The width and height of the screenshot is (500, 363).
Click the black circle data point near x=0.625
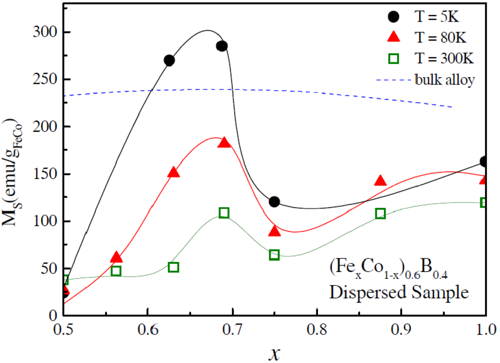pyautogui.click(x=169, y=60)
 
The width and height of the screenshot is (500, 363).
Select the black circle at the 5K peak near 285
pyautogui.click(x=222, y=46)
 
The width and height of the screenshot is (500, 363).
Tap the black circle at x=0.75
pyautogui.click(x=274, y=202)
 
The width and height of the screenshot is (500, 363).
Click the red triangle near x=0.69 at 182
pyautogui.click(x=224, y=143)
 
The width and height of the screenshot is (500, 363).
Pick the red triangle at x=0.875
pyautogui.click(x=380, y=181)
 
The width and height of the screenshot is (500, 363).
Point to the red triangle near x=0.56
pyautogui.click(x=116, y=257)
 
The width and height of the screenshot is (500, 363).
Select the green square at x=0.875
pyautogui.click(x=380, y=214)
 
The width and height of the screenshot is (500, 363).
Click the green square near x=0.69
pyautogui.click(x=224, y=213)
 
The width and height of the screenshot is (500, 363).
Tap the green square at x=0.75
pyautogui.click(x=274, y=255)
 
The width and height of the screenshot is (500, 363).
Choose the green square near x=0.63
pyautogui.click(x=173, y=267)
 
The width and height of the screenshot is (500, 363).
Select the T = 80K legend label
pyautogui.click(x=440, y=37)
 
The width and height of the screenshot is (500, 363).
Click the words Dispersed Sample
pyautogui.click(x=398, y=292)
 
